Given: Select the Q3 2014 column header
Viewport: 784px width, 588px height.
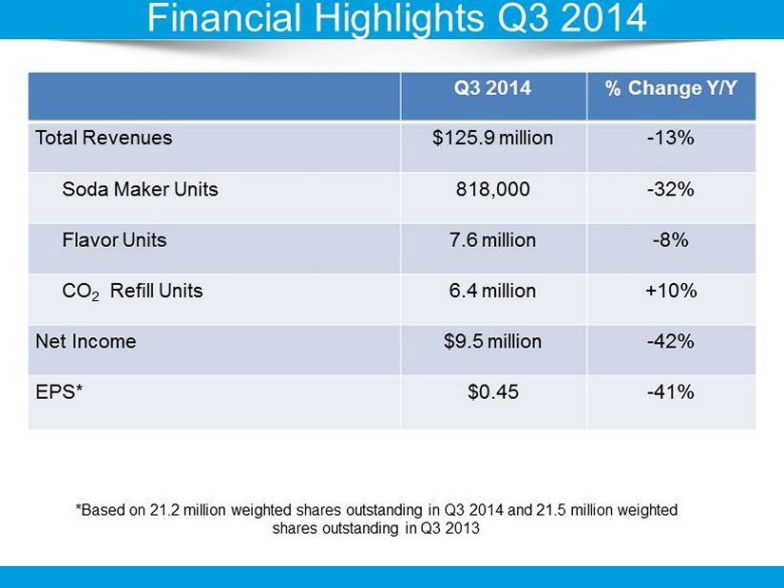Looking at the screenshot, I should [x=492, y=89].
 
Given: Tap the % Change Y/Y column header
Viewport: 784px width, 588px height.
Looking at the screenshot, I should [x=671, y=89].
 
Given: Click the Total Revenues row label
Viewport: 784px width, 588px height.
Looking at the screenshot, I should [x=104, y=138].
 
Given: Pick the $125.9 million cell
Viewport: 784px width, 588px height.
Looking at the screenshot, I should [x=492, y=138].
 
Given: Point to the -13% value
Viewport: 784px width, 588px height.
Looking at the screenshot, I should [x=671, y=138].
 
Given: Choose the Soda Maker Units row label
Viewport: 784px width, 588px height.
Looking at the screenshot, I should [x=140, y=189].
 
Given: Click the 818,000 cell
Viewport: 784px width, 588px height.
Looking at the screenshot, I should [x=492, y=189].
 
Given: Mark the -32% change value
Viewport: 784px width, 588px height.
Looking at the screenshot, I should [x=671, y=189].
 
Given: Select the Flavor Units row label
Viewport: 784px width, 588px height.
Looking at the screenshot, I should [x=114, y=240].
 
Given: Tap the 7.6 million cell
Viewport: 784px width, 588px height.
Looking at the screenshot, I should [x=492, y=240].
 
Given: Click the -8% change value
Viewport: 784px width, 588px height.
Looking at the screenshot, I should [x=671, y=240].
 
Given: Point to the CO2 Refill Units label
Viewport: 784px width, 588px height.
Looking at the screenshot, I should [x=132, y=291].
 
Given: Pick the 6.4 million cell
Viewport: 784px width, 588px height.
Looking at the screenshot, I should [x=492, y=291].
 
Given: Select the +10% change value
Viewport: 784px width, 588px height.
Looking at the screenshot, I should [x=671, y=291].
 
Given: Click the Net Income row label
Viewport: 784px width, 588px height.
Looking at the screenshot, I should [x=86, y=341].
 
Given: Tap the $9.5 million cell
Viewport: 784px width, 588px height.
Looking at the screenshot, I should [x=492, y=341].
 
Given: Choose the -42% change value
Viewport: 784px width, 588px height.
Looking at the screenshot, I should [x=671, y=341].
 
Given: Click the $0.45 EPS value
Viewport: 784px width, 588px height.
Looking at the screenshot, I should [x=492, y=391].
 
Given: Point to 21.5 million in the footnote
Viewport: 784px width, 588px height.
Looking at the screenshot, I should [x=577, y=510].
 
